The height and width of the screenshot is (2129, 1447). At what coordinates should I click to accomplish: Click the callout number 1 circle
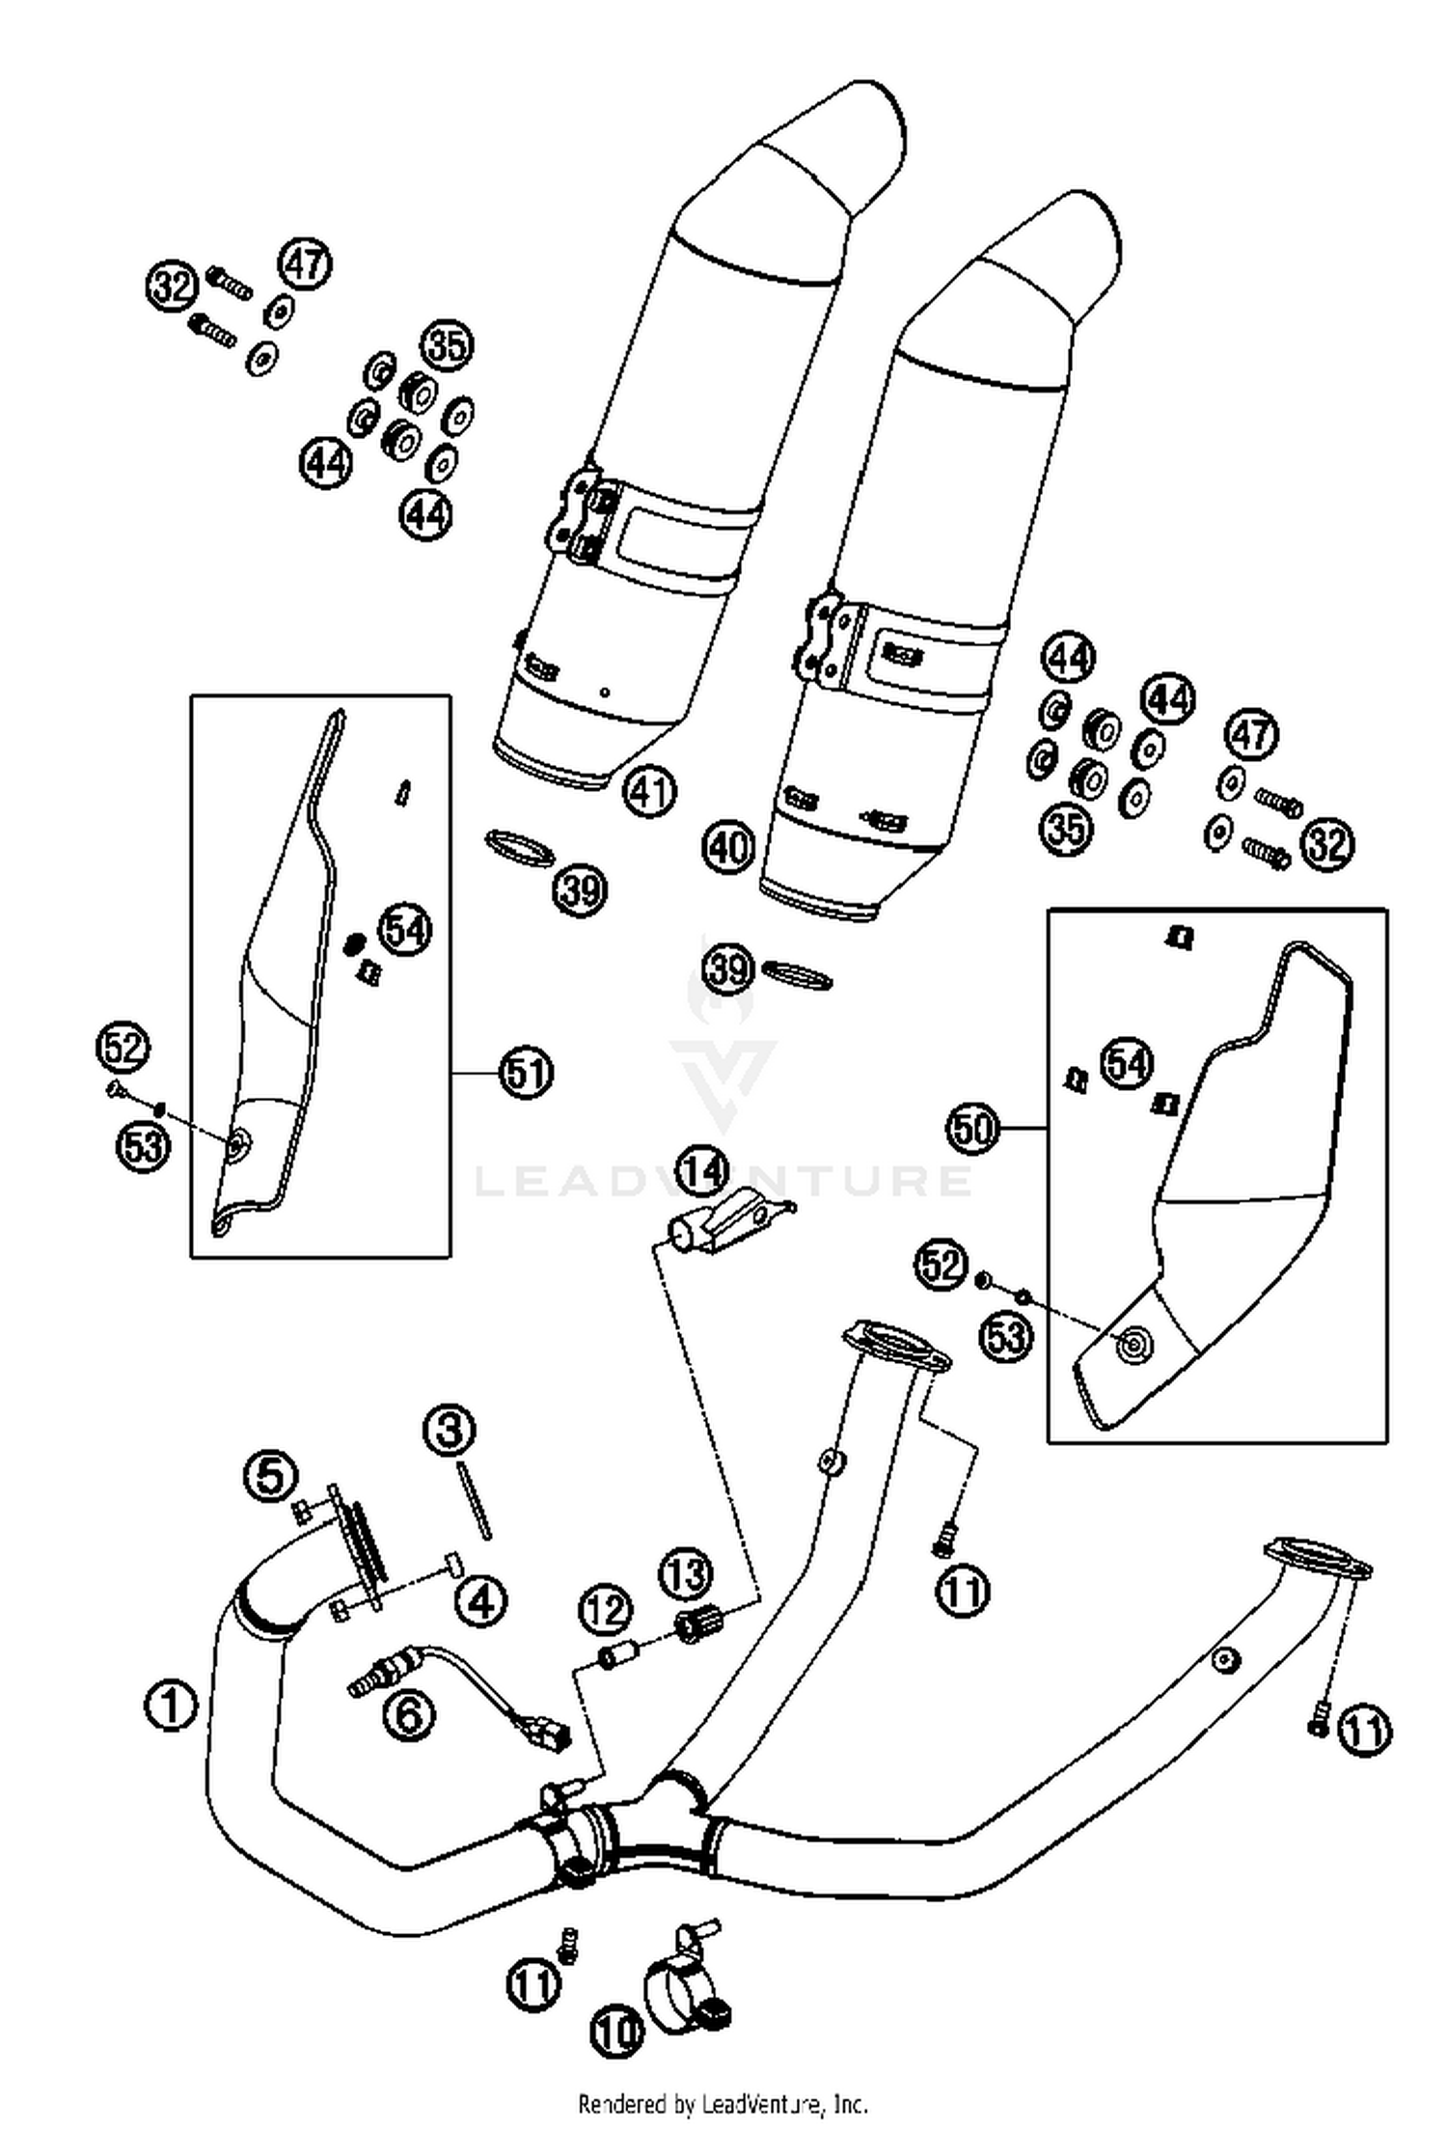(171, 1705)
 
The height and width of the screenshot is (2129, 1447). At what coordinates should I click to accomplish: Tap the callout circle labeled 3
(450, 1429)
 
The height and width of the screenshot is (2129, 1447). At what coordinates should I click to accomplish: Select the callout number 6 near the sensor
(409, 1712)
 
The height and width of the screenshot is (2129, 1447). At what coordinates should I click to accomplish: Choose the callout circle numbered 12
(606, 1608)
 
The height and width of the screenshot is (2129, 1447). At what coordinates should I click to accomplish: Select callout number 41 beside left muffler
(649, 791)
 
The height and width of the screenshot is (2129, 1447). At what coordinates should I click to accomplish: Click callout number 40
(728, 848)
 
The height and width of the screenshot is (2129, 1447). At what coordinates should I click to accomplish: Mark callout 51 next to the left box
(525, 1072)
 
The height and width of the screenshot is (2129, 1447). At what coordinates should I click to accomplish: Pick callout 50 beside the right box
(972, 1127)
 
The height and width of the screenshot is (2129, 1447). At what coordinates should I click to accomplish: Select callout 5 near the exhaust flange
(271, 1473)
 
